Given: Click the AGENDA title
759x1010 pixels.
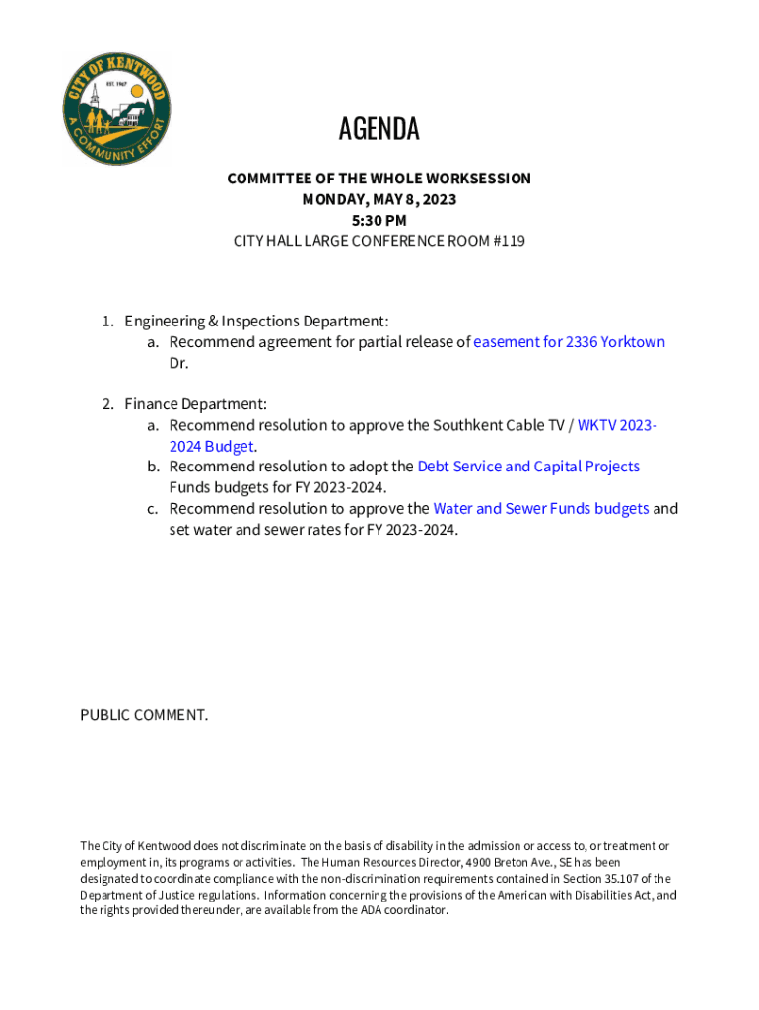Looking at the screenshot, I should pos(379,129).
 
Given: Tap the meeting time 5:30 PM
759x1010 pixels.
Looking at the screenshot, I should pos(379,220).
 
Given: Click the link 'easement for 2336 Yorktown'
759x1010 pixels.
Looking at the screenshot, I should pos(569,342).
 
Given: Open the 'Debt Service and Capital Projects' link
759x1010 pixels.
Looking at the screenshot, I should pos(528,467).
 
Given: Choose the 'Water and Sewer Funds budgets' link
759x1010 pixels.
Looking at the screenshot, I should pos(540,509).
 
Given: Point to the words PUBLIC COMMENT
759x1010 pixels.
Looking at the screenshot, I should pos(144,715).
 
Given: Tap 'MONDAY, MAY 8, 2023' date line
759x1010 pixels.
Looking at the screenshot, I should pos(379,199).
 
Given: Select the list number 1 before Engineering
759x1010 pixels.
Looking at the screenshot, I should pos(107,322).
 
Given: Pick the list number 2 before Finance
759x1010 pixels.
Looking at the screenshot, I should pos(107,404).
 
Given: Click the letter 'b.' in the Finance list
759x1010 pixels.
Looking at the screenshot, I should pos(154,467).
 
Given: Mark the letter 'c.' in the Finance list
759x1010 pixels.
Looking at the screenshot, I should pos(154,509).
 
